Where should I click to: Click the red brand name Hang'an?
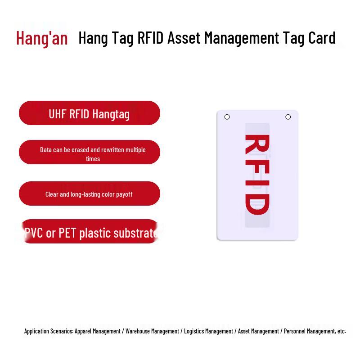point(42,38)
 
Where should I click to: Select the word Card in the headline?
point(322,38)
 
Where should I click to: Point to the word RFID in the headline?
point(151,38)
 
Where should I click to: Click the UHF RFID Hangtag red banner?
point(89,113)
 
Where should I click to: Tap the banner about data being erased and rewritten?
point(89,152)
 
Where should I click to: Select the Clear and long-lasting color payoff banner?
point(89,194)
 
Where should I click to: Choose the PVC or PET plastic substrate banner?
point(89,232)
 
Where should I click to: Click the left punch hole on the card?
point(227,117)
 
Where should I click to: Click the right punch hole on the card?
point(288,117)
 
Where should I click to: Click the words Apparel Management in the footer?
point(98,331)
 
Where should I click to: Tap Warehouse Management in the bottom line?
point(152,331)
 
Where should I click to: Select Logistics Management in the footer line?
point(208,331)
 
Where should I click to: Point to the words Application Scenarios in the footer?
point(49,331)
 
